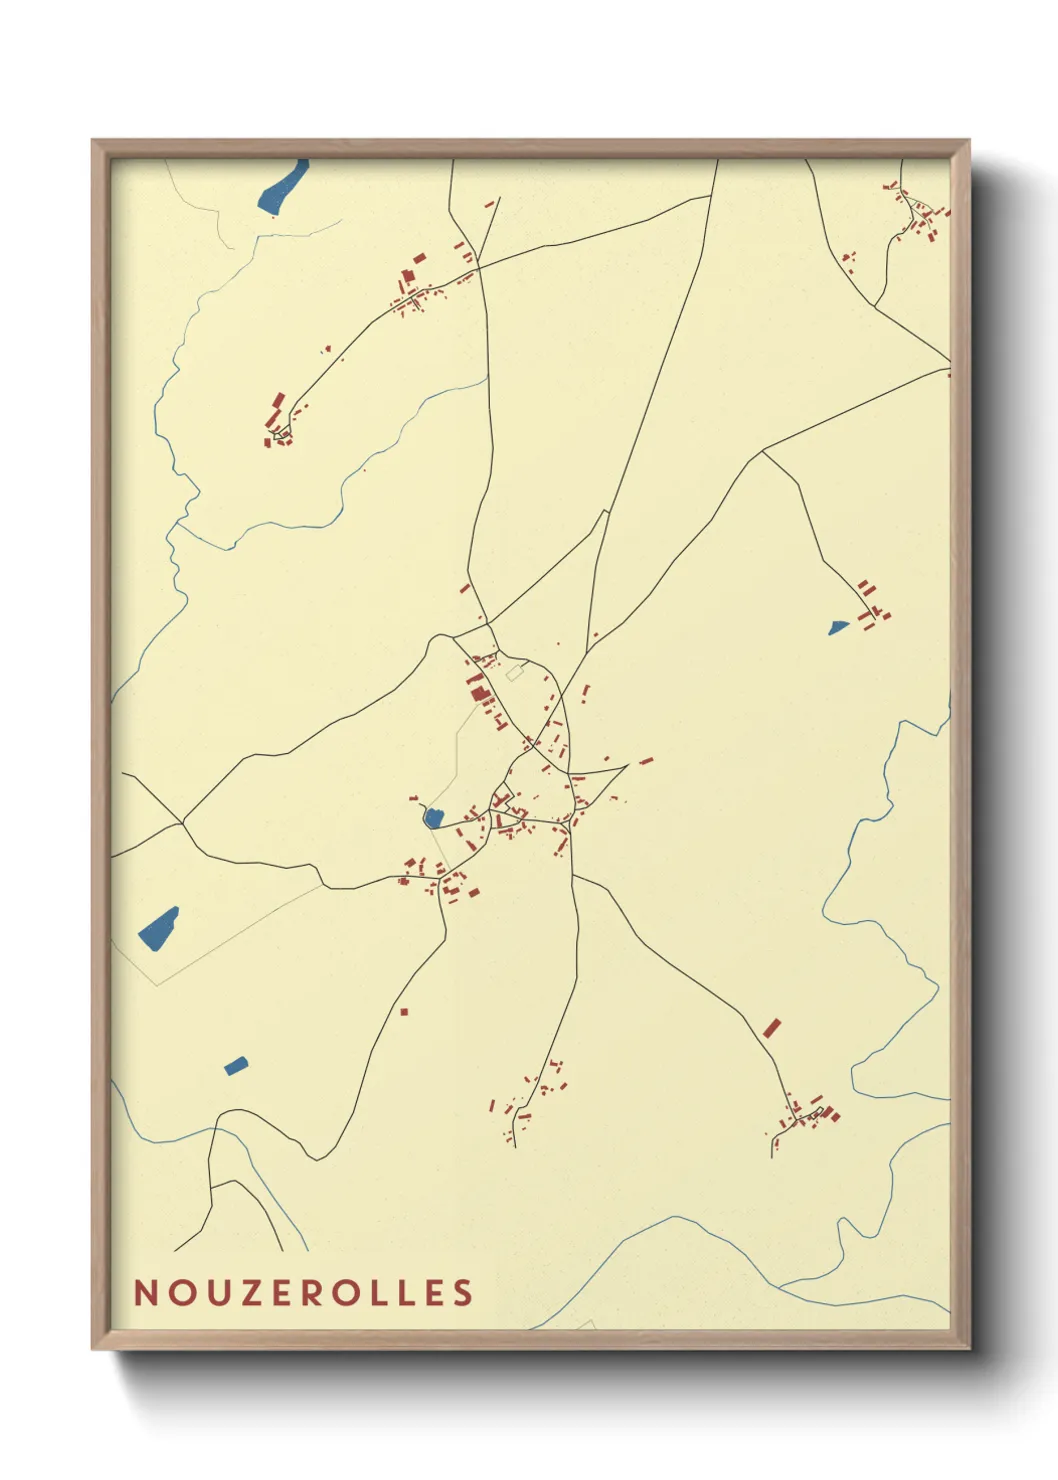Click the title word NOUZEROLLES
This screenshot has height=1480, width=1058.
304,1292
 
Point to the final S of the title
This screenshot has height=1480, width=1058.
463,1292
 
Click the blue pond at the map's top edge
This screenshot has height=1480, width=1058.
283,187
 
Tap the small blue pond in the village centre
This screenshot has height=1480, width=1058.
433,818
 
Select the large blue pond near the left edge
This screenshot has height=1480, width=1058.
158,929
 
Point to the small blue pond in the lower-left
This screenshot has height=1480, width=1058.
236,1066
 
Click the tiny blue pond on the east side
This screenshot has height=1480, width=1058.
838,627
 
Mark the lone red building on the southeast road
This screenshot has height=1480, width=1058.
771,1028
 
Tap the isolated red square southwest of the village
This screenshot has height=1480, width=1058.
404,1012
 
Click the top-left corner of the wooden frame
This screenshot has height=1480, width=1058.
94,142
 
